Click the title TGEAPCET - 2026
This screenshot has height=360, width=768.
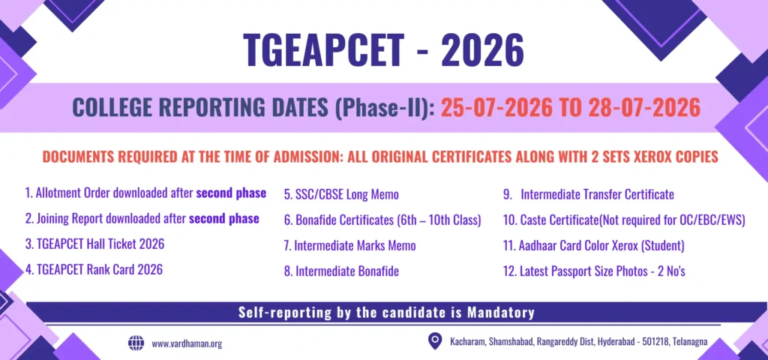click(x=383, y=51)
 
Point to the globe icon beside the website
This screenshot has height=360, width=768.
click(x=136, y=343)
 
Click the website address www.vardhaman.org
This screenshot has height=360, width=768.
click(x=187, y=343)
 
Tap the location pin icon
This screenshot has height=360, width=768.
click(x=434, y=341)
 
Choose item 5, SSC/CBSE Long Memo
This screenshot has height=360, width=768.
click(x=341, y=195)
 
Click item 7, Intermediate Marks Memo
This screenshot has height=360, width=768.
click(x=349, y=245)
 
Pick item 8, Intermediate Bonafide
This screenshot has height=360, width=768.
click(x=341, y=271)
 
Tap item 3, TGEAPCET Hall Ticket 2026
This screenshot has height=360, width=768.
click(x=94, y=244)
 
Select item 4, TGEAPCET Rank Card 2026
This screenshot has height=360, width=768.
click(x=94, y=269)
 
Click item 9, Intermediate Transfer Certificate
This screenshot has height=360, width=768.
click(x=588, y=194)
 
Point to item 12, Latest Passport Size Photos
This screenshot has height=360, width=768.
click(x=594, y=271)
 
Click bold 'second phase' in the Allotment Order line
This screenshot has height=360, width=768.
click(x=231, y=193)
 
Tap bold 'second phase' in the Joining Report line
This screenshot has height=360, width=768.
click(x=223, y=218)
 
